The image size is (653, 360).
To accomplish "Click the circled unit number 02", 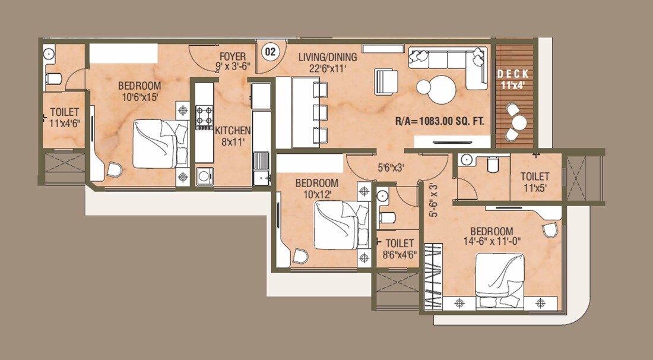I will [270, 52].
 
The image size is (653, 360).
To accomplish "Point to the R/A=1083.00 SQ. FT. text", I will [440, 121].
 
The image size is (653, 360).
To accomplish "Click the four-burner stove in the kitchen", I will [204, 116].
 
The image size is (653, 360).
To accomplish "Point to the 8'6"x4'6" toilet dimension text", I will [400, 249].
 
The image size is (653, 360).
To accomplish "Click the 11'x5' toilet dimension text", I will [534, 182].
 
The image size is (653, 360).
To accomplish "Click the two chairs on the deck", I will [516, 118].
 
